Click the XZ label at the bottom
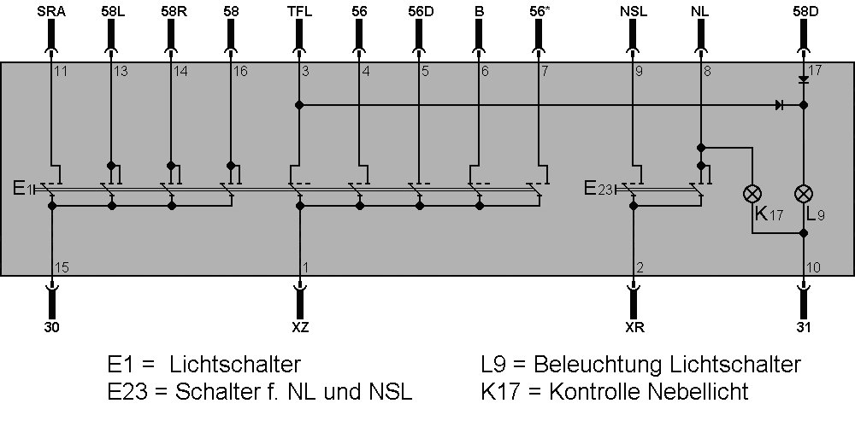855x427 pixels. [299, 327]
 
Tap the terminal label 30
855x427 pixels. [51, 327]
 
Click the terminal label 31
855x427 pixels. [803, 327]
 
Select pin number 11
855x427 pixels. [61, 71]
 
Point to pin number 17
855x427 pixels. [814, 71]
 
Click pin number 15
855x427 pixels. [61, 267]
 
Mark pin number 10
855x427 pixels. [814, 267]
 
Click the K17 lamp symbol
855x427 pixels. [752, 193]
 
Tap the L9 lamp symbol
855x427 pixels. [803, 193]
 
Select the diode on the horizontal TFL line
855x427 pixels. [779, 105]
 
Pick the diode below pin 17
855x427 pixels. [803, 79]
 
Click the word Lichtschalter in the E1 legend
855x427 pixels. [235, 366]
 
